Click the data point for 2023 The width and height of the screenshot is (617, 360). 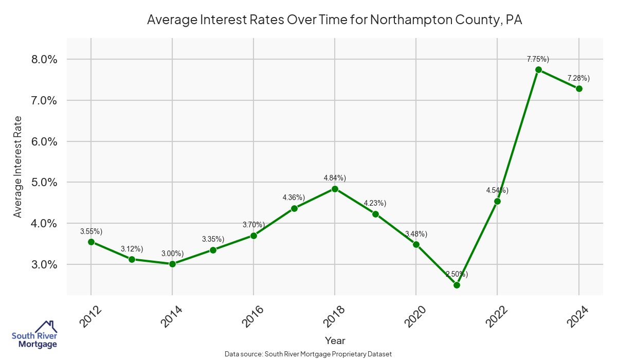tap(538, 69)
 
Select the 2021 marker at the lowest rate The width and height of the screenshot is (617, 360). tap(457, 285)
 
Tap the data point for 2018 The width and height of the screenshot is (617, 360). tap(335, 189)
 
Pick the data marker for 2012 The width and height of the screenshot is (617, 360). tap(91, 242)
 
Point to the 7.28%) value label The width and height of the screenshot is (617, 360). tap(578, 78)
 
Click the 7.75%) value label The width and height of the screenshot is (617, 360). tap(538, 59)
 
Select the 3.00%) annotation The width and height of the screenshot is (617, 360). tap(172, 254)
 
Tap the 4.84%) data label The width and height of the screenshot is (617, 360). tap(335, 178)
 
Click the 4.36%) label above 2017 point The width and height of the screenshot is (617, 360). tap(294, 197)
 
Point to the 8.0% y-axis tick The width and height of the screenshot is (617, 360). tap(41, 59)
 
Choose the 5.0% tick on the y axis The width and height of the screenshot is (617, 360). tap(41, 183)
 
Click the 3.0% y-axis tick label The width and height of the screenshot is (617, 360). tap(41, 264)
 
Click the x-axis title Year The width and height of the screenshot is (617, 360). tap(335, 340)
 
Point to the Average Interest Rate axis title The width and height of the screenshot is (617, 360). tap(18, 166)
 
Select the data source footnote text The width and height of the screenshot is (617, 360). tap(308, 354)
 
